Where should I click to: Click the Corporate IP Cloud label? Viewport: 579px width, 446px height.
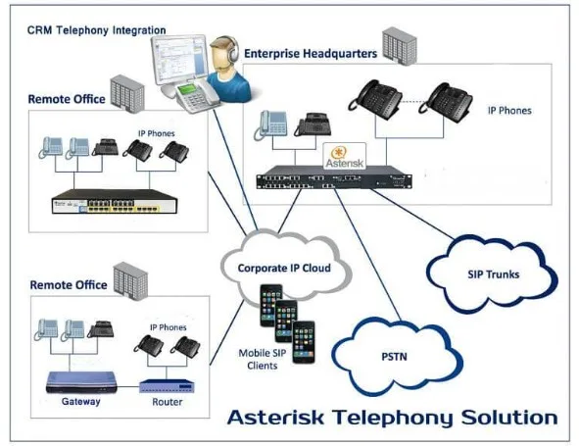coord(284,267)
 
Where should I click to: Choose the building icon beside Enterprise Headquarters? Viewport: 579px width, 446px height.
coord(395,42)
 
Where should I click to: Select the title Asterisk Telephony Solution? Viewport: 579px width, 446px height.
coord(392,418)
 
